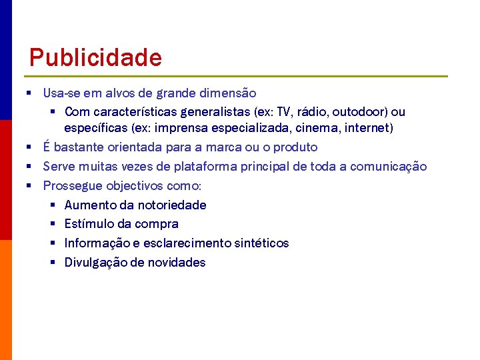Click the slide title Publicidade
pyautogui.click(x=95, y=57)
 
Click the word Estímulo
pyautogui.click(x=88, y=224)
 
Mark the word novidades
pyautogui.click(x=176, y=263)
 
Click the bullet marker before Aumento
pyautogui.click(x=53, y=205)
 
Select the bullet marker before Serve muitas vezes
pyautogui.click(x=31, y=167)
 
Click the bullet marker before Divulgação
pyautogui.click(x=53, y=263)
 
